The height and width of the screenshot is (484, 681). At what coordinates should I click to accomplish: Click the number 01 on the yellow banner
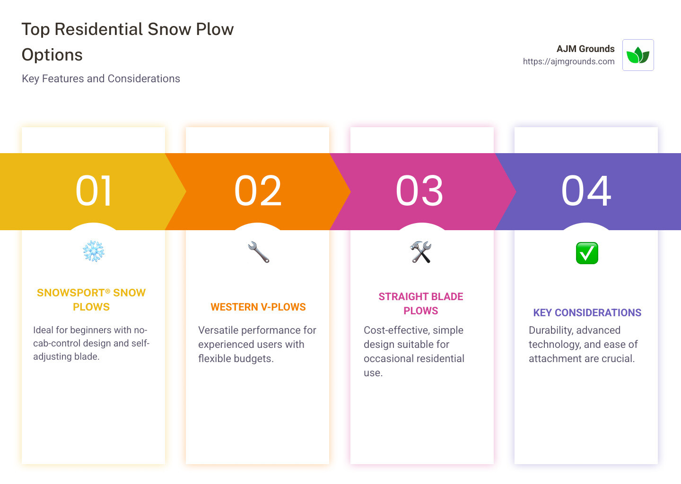94,191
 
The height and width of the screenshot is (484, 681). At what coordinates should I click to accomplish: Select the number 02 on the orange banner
258,191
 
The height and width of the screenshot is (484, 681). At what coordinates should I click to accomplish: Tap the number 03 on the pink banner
419,191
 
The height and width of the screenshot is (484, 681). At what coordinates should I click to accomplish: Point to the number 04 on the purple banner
586,191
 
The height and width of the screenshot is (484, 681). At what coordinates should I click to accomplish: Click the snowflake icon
94,251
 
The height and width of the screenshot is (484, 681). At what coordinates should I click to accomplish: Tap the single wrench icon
258,252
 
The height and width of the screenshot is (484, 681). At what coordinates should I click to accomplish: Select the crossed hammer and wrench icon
421,252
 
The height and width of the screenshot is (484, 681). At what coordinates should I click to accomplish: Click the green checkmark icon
587,253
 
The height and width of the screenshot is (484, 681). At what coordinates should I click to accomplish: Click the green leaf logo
638,55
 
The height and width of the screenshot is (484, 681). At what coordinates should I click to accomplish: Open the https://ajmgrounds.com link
568,61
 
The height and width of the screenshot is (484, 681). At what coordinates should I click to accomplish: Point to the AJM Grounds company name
585,49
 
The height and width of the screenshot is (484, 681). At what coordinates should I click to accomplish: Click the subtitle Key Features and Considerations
101,78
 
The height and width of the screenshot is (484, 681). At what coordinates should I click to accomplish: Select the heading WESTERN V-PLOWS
258,307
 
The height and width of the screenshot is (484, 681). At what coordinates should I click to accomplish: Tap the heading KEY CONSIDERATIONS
587,313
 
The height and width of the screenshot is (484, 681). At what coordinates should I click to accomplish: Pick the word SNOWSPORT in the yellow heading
70,293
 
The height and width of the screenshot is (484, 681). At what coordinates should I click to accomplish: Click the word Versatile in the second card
218,330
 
